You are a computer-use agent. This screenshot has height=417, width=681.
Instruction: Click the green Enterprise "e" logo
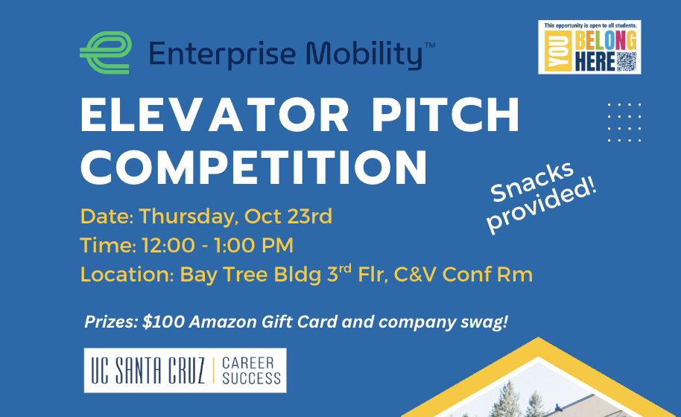pos(106,53)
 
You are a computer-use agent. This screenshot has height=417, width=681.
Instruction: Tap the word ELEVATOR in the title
pos(215,115)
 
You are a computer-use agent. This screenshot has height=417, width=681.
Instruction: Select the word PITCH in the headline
pos(446,115)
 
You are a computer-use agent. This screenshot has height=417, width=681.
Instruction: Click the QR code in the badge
pos(627,62)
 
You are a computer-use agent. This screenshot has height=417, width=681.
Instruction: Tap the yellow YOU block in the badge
pos(557,51)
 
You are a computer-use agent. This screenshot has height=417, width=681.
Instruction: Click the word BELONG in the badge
pos(606,40)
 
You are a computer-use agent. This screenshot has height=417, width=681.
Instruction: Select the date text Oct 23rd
pos(288,216)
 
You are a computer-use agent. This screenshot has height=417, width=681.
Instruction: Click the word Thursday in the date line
pos(189,217)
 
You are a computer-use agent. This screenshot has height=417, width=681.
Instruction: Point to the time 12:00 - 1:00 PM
pos(218,245)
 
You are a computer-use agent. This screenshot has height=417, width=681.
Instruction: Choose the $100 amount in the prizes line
pos(163,322)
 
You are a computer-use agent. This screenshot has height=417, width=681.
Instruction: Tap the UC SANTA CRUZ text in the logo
pos(148,371)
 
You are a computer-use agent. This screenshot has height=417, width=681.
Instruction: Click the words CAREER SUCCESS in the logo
pos(252,371)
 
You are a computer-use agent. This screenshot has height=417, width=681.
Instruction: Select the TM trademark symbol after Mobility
pos(429,45)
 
